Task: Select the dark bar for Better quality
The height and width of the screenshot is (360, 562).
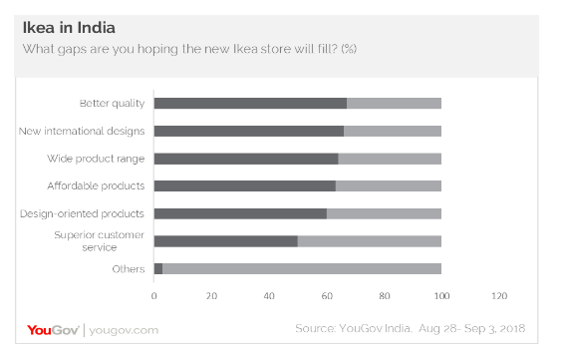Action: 250,103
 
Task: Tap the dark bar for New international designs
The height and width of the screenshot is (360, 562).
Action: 248,131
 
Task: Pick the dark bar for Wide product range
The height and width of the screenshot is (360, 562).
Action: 246,158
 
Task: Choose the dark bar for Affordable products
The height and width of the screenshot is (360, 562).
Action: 244,185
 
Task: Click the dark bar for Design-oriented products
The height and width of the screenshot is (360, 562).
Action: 240,212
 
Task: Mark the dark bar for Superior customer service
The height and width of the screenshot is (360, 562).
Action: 226,240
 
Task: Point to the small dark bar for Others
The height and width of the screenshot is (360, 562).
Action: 158,268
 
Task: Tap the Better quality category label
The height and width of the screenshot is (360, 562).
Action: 112,103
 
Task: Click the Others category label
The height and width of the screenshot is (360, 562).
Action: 130,268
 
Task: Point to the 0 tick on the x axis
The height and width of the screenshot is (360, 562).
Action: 154,296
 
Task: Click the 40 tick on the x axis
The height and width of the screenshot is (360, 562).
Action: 269,296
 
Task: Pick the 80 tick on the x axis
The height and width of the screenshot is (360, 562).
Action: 384,296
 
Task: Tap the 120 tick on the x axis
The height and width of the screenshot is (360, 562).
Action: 499,296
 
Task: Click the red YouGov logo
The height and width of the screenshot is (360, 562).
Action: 52,329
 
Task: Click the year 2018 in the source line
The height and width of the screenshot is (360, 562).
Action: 510,329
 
